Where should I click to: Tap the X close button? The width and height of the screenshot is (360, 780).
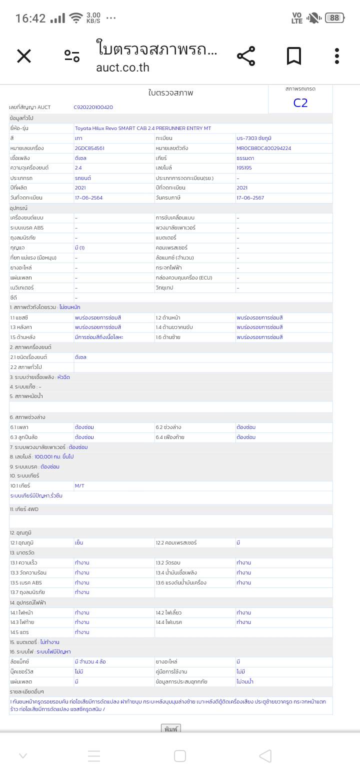(24, 56)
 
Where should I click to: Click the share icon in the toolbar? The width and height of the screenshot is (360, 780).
(245, 56)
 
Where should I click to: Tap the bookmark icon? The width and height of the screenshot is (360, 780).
(294, 56)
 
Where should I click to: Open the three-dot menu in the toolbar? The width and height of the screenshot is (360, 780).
(337, 56)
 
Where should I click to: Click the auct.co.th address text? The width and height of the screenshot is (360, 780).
(122, 67)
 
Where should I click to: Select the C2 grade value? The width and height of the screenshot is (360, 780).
(300, 103)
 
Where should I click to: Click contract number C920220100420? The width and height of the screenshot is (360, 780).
(93, 107)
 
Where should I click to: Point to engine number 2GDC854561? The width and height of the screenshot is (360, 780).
(89, 148)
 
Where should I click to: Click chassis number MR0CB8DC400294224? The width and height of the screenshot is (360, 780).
(263, 148)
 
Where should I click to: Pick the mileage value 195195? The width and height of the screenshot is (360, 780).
(244, 168)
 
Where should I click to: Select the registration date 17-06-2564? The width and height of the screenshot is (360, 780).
(88, 198)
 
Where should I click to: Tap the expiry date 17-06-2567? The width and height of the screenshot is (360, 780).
(250, 198)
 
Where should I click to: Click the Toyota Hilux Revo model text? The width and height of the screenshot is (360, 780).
(143, 128)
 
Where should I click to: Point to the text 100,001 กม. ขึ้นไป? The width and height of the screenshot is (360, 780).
(54, 457)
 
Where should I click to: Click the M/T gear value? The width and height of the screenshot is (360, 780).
(79, 486)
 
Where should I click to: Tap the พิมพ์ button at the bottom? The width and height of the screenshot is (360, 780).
(170, 729)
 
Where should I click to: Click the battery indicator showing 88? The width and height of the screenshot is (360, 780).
(334, 18)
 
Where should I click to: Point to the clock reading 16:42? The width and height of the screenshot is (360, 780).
(30, 18)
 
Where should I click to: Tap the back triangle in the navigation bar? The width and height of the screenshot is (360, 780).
(265, 756)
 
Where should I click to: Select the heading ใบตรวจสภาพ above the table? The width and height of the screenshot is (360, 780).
(170, 93)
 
